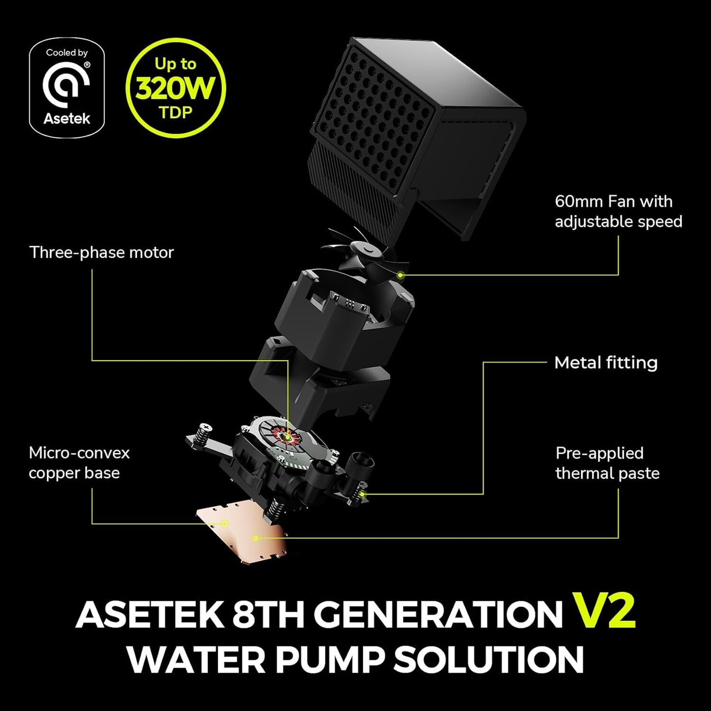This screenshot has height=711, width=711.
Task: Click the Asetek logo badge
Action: [x=66, y=88]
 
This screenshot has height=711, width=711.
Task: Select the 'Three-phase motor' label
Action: [x=102, y=252]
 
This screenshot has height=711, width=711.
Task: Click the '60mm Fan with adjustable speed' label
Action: [x=618, y=212]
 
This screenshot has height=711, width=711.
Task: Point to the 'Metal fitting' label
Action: [x=606, y=363]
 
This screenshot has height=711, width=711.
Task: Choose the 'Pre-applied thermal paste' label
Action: [x=607, y=463]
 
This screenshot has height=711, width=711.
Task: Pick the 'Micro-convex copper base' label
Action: [x=79, y=463]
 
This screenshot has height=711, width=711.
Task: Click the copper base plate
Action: [x=241, y=534]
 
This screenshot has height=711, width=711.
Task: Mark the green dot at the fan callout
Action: [x=401, y=275]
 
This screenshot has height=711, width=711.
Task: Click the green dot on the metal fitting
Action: [x=363, y=494]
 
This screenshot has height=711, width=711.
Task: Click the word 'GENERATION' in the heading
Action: [x=438, y=614]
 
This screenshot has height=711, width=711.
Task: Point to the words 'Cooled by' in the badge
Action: [x=66, y=53]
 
